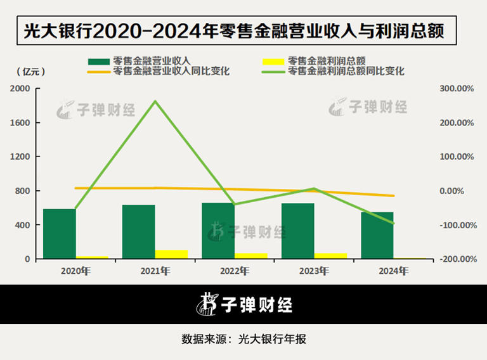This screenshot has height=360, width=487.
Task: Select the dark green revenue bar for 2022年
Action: [218, 230]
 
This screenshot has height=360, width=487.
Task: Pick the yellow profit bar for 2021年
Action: [171, 254]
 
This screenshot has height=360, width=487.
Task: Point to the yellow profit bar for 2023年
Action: [330, 255]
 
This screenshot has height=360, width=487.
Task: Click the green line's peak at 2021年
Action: [156, 101]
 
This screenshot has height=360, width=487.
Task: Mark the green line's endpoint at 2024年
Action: [393, 223]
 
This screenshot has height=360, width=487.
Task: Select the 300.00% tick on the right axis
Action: [457, 89]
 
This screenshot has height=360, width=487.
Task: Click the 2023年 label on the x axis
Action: [314, 271]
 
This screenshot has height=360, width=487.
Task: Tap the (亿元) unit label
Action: [29, 72]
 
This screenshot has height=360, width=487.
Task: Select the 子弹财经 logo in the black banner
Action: [243, 305]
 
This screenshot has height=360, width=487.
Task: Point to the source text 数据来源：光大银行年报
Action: [243, 338]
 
